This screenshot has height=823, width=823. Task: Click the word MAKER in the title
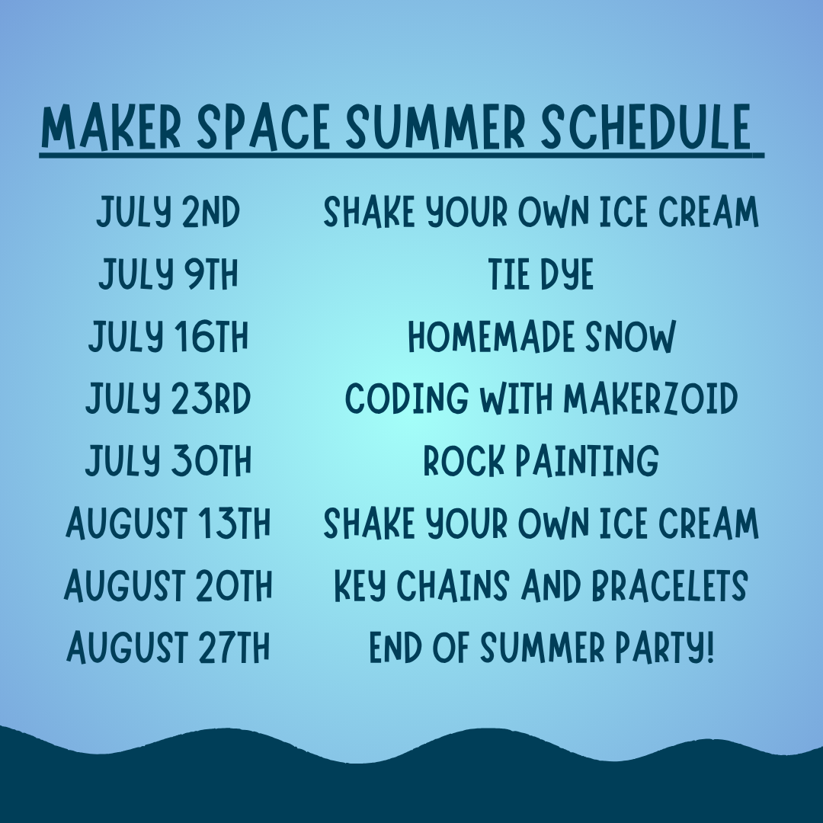click(x=110, y=127)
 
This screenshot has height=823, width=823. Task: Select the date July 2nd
click(x=168, y=212)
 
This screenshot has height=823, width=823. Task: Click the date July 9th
click(x=168, y=274)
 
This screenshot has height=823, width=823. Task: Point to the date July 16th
click(x=168, y=337)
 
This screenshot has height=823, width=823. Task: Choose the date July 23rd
click(x=168, y=399)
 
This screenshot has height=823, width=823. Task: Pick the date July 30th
click(x=168, y=460)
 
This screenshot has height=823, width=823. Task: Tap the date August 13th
click(x=168, y=523)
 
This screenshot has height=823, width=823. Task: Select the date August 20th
click(x=168, y=584)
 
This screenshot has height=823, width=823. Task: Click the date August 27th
click(x=168, y=647)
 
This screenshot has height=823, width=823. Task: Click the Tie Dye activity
click(x=541, y=274)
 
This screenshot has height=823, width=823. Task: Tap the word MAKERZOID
click(x=651, y=399)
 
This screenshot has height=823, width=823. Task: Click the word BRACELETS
click(x=670, y=584)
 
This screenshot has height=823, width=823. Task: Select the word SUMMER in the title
click(x=435, y=127)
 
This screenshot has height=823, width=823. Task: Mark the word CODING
click(x=407, y=399)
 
